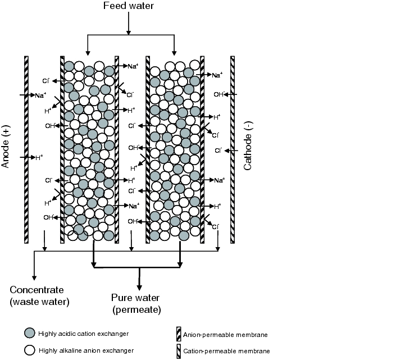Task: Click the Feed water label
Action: (x=129, y=6)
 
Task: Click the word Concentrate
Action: (x=37, y=290)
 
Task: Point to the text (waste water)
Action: (x=39, y=302)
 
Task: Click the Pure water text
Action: (x=135, y=298)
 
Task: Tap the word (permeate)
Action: (x=136, y=309)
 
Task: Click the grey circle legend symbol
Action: (x=29, y=334)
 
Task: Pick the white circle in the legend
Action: (x=29, y=350)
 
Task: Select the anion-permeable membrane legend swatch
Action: (x=179, y=335)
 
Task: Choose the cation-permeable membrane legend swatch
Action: (x=179, y=351)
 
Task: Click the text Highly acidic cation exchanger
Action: (x=84, y=334)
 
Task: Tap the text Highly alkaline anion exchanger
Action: (x=86, y=351)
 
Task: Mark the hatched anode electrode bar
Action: (x=26, y=149)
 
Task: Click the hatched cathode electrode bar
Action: (x=231, y=149)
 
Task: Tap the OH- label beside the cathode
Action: (x=219, y=94)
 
